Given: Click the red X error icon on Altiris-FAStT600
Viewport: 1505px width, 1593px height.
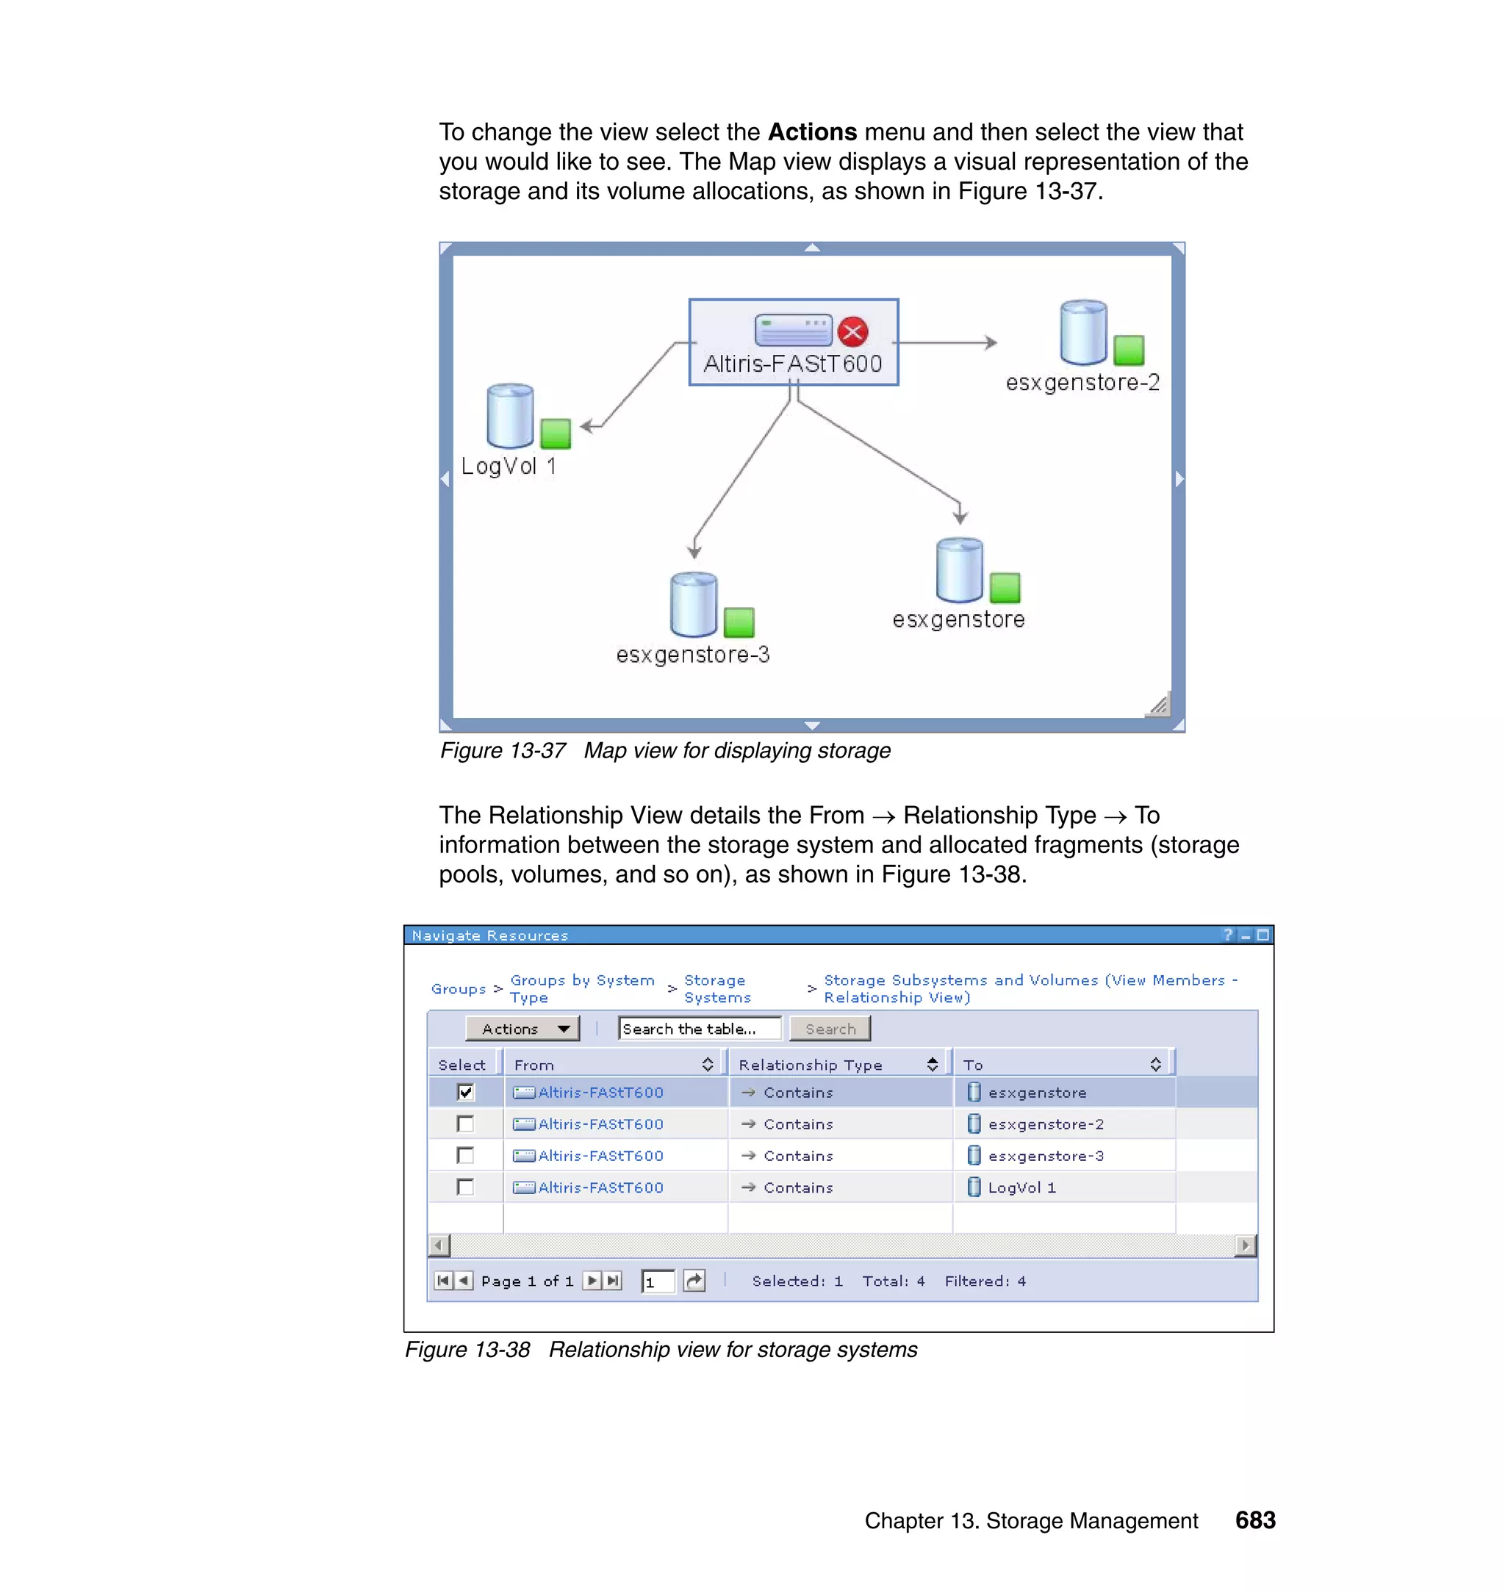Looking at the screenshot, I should pyautogui.click(x=852, y=331).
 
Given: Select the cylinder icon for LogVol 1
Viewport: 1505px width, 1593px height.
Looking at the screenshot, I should pyautogui.click(x=510, y=415).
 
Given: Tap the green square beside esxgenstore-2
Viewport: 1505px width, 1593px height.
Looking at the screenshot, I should pyautogui.click(x=1128, y=350).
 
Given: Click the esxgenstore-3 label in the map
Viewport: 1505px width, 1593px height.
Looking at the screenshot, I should pyautogui.click(x=692, y=655).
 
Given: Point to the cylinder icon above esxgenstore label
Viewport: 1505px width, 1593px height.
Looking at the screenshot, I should pyautogui.click(x=960, y=569).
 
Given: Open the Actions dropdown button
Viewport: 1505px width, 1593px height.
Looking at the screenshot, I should pyautogui.click(x=522, y=1028).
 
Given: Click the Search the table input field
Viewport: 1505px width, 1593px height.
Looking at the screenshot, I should pyautogui.click(x=699, y=1028).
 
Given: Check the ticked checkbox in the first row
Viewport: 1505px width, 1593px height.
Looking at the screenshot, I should pyautogui.click(x=465, y=1092).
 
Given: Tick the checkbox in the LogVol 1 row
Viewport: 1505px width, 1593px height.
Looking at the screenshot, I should pyautogui.click(x=465, y=1187).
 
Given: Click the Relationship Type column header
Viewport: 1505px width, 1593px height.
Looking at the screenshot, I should pyautogui.click(x=811, y=1065).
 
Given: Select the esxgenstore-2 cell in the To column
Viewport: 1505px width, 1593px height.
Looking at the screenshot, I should pyautogui.click(x=1045, y=1123).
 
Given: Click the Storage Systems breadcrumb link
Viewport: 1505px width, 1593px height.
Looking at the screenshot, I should pyautogui.click(x=716, y=988).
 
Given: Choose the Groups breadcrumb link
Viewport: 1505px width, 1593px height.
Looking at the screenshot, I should pyautogui.click(x=458, y=989).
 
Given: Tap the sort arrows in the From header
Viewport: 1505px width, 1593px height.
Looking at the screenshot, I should pyautogui.click(x=707, y=1065).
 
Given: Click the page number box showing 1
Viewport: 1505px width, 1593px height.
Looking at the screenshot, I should pyautogui.click(x=657, y=1281).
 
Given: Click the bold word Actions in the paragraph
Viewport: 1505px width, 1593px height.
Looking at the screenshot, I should pyautogui.click(x=812, y=132).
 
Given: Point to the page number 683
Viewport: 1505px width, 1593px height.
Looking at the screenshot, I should pyautogui.click(x=1254, y=1520).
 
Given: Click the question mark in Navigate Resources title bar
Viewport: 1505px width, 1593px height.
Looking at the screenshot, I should pyautogui.click(x=1227, y=935).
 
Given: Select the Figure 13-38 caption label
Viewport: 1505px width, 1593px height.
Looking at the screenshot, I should pyautogui.click(x=467, y=1349).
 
